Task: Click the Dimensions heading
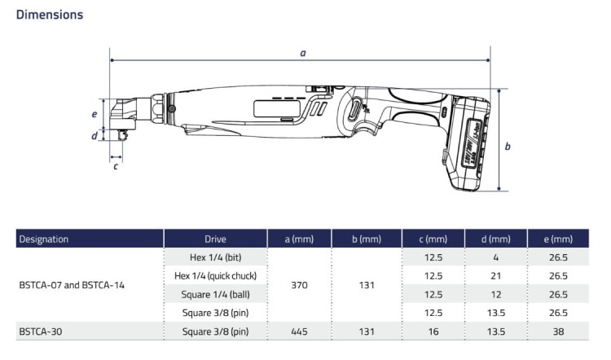click(x=49, y=15)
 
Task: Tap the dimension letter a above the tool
click(x=303, y=53)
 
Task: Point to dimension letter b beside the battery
click(x=508, y=147)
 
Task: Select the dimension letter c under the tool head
click(x=116, y=166)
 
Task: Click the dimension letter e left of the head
click(x=95, y=115)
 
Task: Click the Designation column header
click(x=44, y=239)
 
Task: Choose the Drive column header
click(x=216, y=239)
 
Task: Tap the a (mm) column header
click(x=299, y=239)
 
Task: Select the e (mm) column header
click(x=558, y=239)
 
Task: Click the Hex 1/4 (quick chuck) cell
click(x=216, y=276)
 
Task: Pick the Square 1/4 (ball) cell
click(x=216, y=294)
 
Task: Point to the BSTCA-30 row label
click(x=41, y=331)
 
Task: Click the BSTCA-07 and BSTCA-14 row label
click(x=72, y=285)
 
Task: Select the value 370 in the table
click(x=299, y=285)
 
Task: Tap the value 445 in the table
click(x=299, y=331)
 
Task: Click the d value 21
click(x=495, y=276)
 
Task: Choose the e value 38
click(x=558, y=331)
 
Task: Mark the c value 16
click(x=433, y=331)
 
